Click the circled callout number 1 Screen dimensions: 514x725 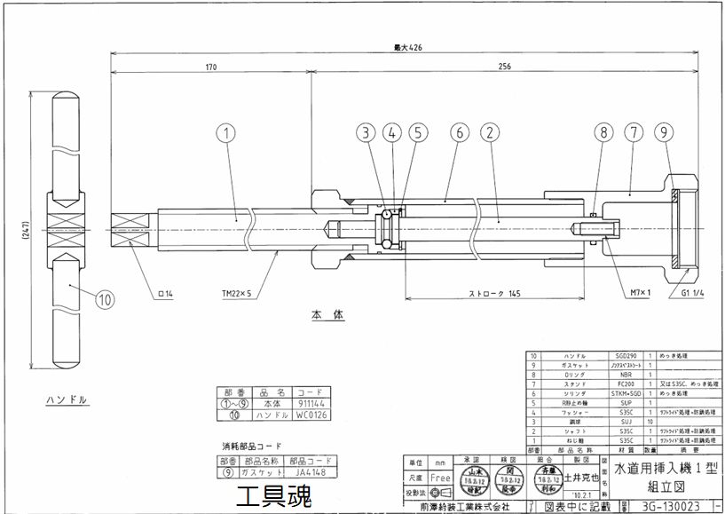coord(226,134)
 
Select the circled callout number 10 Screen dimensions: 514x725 coord(106,299)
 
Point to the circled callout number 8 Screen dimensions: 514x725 coord(604,134)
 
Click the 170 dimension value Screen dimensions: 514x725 coord(210,67)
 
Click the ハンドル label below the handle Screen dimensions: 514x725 coord(67,399)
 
